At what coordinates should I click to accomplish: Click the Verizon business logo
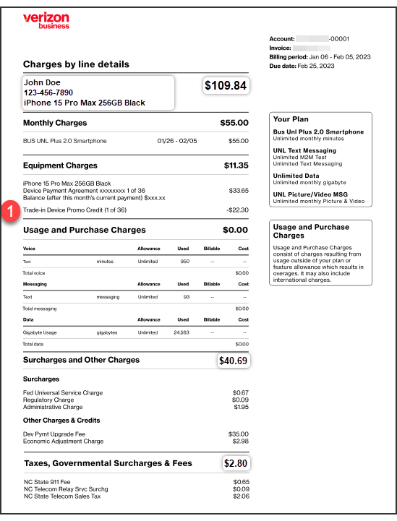(x=46, y=20)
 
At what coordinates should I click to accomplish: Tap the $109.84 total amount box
(x=226, y=86)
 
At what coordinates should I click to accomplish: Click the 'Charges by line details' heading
(x=76, y=64)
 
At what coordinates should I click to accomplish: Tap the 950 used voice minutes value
(x=184, y=261)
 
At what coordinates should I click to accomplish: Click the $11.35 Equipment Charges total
(x=236, y=165)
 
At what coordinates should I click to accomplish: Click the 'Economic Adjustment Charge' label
(x=63, y=441)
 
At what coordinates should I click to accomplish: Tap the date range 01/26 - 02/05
(x=176, y=141)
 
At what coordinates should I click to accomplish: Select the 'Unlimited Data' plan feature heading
(x=296, y=176)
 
